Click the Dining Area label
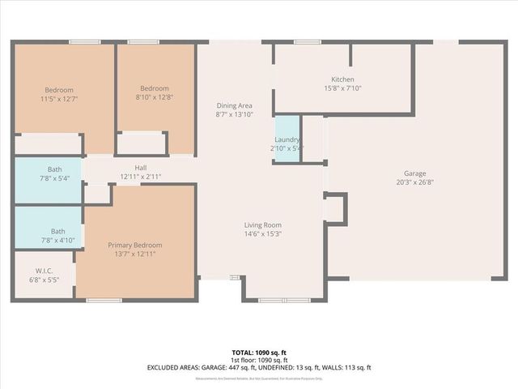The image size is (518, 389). point(234,105)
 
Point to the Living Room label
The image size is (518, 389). point(262,224)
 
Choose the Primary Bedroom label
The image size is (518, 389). point(135,245)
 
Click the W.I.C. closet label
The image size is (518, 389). point(44,271)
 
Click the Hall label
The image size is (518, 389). point(140,168)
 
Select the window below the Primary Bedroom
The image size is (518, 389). point(99,300)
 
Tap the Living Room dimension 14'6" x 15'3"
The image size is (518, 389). point(262,234)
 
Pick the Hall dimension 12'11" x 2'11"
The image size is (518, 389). point(140,177)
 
